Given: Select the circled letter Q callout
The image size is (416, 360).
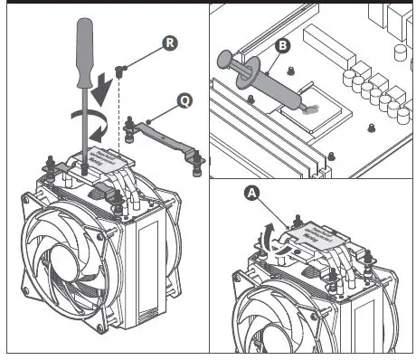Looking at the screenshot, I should pyautogui.click(x=184, y=103).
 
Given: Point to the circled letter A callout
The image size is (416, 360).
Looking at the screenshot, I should pyautogui.click(x=251, y=192).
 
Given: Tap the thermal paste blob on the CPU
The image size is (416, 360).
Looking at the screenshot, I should pyautogui.click(x=311, y=106).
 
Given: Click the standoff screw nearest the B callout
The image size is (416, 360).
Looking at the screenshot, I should pyautogui.click(x=290, y=69).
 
